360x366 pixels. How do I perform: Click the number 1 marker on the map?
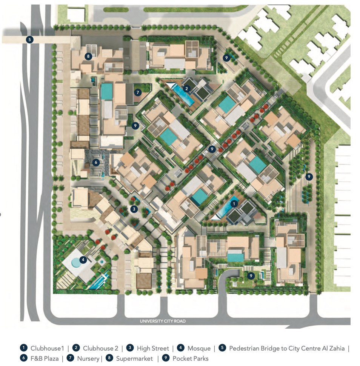pos(234,204)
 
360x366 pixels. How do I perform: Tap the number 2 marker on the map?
pos(187,89)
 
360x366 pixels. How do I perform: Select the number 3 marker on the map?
pos(134,209)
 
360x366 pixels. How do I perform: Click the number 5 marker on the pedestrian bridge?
pos(29,39)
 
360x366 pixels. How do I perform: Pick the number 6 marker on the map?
pos(96,163)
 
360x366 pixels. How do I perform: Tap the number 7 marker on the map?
pos(138,92)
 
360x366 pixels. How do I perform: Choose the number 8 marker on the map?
pos(88,56)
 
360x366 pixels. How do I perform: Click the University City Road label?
pos(163,321)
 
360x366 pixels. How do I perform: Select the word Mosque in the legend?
pos(199,348)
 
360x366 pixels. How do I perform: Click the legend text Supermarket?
pos(134,358)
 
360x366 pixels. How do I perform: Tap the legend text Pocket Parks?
pos(190,358)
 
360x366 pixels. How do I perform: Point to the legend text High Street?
pos(153,348)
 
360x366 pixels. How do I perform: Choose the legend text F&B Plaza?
pos(45,358)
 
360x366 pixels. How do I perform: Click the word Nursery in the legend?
pos(88,358)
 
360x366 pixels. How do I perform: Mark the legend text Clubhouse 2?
pos(101,348)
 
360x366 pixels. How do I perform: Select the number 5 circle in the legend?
pos(222,348)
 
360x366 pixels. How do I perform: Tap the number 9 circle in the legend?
pos(166,358)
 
